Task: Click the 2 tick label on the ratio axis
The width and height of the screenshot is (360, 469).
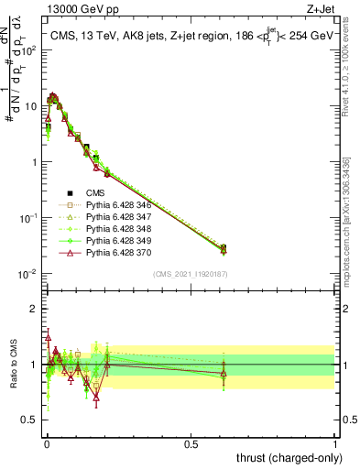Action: coord(33,309)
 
